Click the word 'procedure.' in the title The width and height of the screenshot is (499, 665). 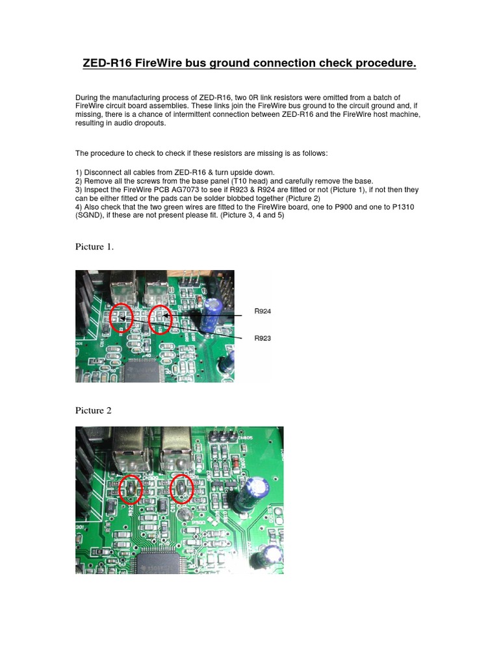(x=381, y=63)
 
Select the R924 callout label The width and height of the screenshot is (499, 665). (x=262, y=312)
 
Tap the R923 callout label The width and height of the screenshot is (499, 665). (x=262, y=338)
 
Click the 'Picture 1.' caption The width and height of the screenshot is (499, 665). (x=95, y=246)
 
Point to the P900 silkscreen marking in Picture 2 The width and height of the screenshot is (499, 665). (x=198, y=521)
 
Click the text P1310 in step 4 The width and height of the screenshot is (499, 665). (x=407, y=207)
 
